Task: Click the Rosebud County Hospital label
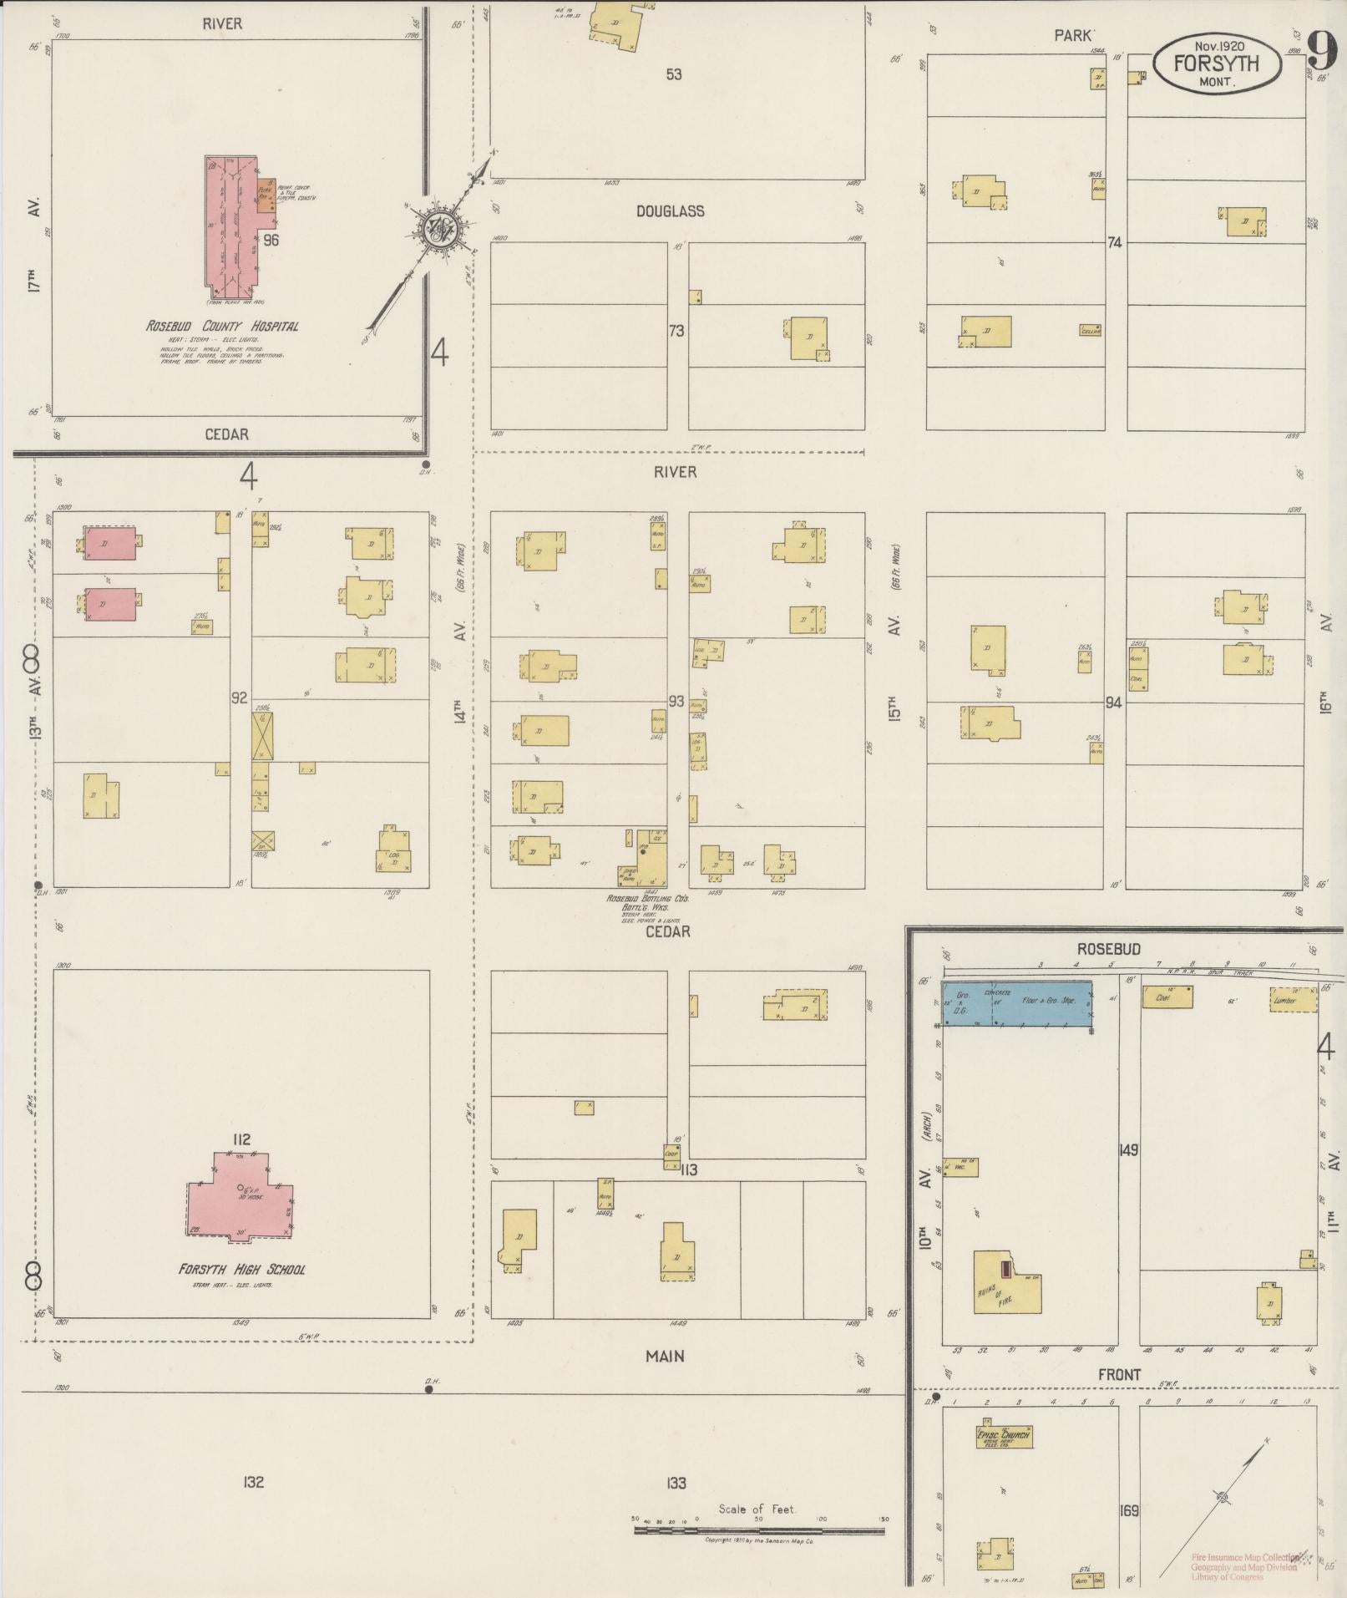coord(223,326)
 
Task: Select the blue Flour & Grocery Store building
coord(1017,1003)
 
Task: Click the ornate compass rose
coord(437,226)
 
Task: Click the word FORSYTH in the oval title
coord(1217,63)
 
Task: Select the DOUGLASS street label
coord(670,211)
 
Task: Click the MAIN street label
coord(665,1356)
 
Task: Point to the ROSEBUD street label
coord(1108,950)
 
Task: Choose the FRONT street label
coord(1119,1374)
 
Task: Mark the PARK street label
coord(1072,35)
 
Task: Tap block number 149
coord(1128,1150)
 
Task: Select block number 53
coord(674,74)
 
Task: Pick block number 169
coord(1129,1510)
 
